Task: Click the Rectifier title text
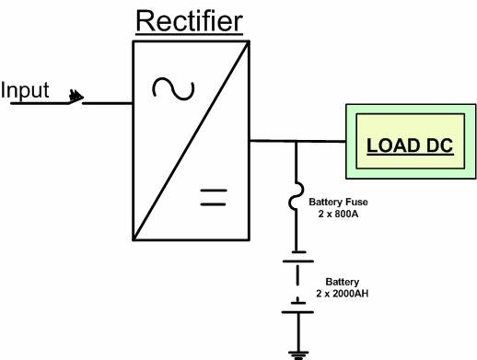pos(191,20)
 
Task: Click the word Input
pos(25,90)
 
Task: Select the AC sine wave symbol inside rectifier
pos(173,88)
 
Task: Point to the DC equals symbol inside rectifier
pos(214,195)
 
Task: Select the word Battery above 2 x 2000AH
pos(343,282)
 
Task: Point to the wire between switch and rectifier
pos(108,102)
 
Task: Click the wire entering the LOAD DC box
pos(322,141)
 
